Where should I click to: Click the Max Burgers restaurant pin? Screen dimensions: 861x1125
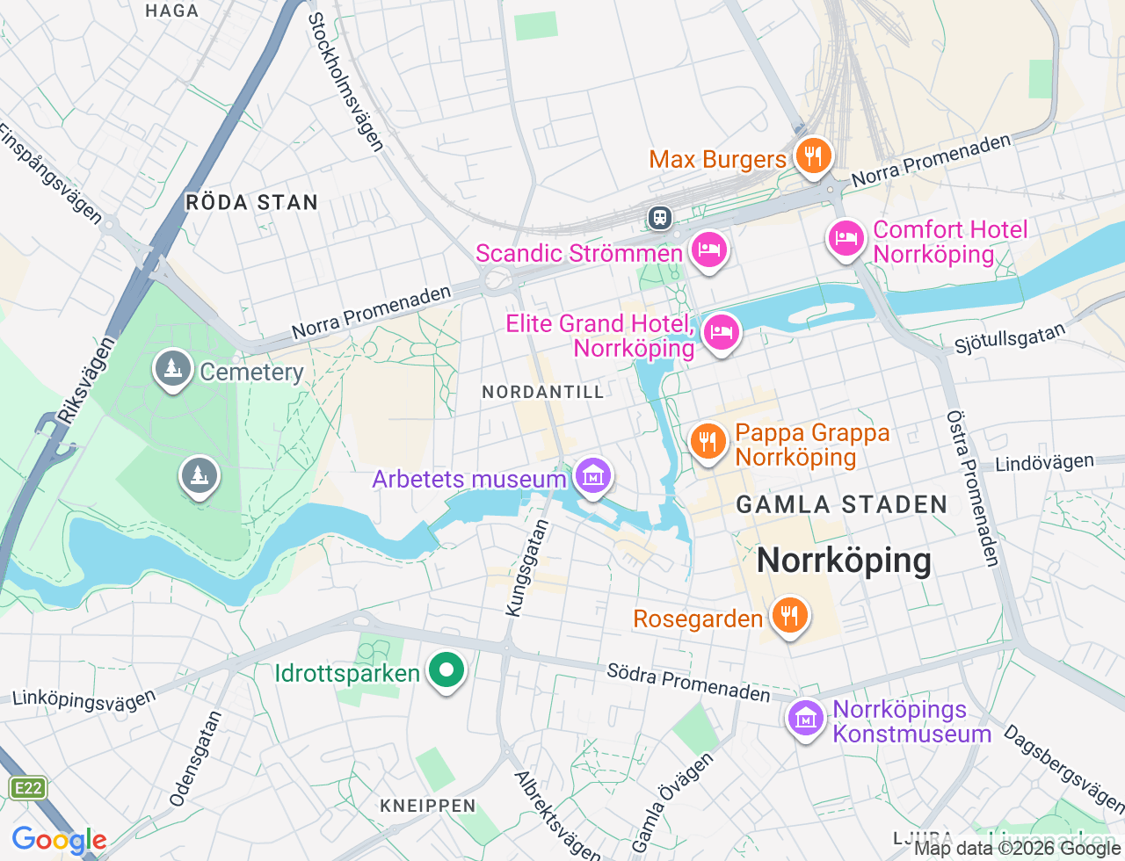pos(813,156)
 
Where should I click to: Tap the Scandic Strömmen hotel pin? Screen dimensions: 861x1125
pos(708,250)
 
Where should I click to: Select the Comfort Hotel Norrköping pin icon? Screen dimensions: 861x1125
pos(846,238)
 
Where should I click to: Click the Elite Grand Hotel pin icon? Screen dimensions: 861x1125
pos(721,333)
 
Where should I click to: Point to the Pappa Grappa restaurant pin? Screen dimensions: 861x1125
pos(708,441)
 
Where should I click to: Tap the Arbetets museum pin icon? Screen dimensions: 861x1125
pos(593,477)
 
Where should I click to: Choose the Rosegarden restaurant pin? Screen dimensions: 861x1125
pos(789,616)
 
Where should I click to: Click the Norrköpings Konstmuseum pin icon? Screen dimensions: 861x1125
pos(805,719)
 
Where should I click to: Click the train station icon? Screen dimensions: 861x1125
pos(659,217)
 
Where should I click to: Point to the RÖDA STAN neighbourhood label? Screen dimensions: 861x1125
pos(251,202)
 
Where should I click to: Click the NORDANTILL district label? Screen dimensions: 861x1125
pos(543,392)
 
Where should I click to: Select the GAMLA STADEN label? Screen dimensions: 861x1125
pos(842,504)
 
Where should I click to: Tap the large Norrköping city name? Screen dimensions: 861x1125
pos(844,560)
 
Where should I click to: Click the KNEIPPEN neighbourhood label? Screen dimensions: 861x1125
pos(428,806)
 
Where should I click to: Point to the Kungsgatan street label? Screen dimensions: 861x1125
pos(527,568)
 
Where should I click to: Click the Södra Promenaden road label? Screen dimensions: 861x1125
pos(688,683)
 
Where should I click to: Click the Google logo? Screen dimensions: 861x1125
pos(59,841)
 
